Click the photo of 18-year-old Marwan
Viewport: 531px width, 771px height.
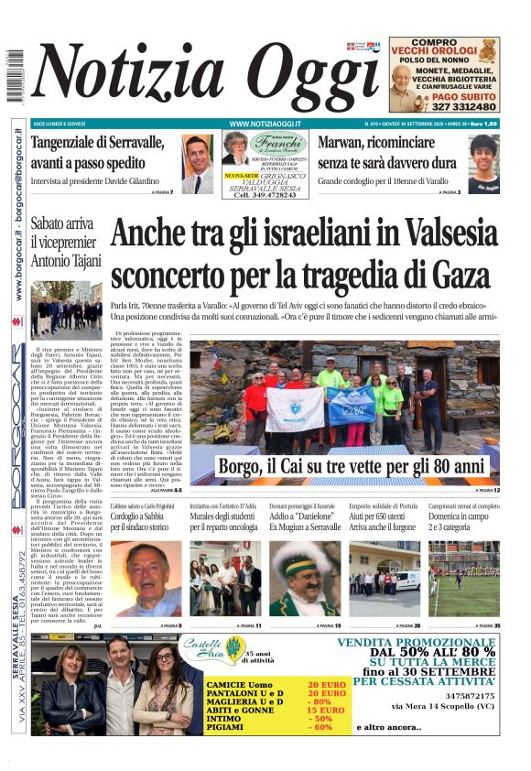coord(483,163)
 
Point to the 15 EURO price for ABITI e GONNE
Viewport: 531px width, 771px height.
coord(325,711)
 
